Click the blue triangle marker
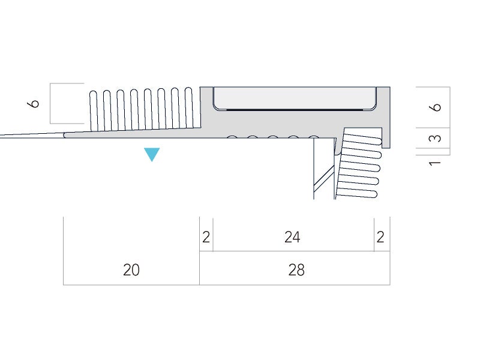[x=152, y=154]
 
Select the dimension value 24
[x=292, y=237]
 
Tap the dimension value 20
[x=131, y=270]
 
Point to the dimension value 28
[x=296, y=270]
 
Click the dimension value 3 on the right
[x=437, y=138]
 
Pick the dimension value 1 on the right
[x=436, y=162]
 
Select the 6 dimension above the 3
[x=437, y=107]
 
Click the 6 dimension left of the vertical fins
[x=35, y=103]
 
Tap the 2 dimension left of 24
[x=206, y=237]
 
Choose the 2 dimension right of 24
[x=380, y=237]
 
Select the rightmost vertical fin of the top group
[x=188, y=108]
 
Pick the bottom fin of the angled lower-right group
[x=358, y=193]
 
